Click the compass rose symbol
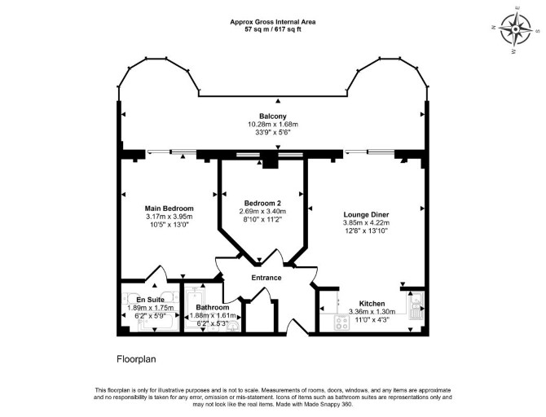(x=515, y=30)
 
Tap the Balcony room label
(x=273, y=116)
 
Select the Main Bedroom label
(x=169, y=208)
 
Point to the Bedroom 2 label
(x=262, y=204)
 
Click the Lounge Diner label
(x=367, y=215)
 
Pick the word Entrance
(x=266, y=278)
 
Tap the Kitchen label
(x=372, y=304)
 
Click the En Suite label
(x=150, y=300)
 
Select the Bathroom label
(x=213, y=308)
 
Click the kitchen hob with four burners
(x=341, y=323)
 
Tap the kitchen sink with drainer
(x=416, y=305)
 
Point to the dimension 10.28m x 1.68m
(x=273, y=125)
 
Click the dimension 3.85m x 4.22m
(x=367, y=223)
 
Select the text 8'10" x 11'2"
(x=262, y=219)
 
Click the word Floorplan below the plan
(x=136, y=359)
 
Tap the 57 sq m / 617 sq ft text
(x=273, y=29)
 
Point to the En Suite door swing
(x=156, y=273)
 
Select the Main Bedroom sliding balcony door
(x=171, y=151)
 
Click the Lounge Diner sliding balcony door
(x=369, y=151)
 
